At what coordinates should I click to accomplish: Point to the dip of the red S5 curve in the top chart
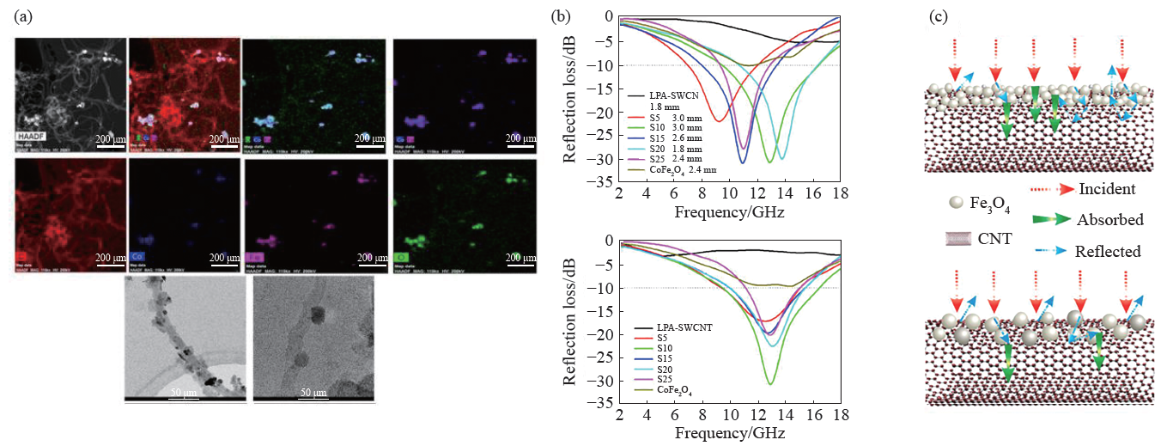719,120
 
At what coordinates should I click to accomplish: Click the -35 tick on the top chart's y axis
606,183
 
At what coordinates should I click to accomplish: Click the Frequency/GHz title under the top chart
729,211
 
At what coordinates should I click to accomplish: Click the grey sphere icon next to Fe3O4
943,202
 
